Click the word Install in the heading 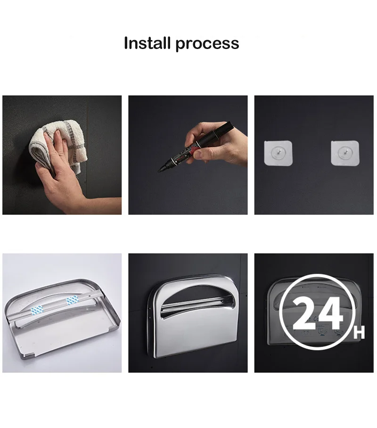pos(148,43)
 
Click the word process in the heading pos(207,44)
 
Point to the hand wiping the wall pos(57,174)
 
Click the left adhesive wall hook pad pos(279,153)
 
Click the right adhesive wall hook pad pos(345,153)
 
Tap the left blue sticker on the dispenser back pos(37,310)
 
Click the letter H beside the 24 pos(359,334)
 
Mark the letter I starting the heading pos(126,43)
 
